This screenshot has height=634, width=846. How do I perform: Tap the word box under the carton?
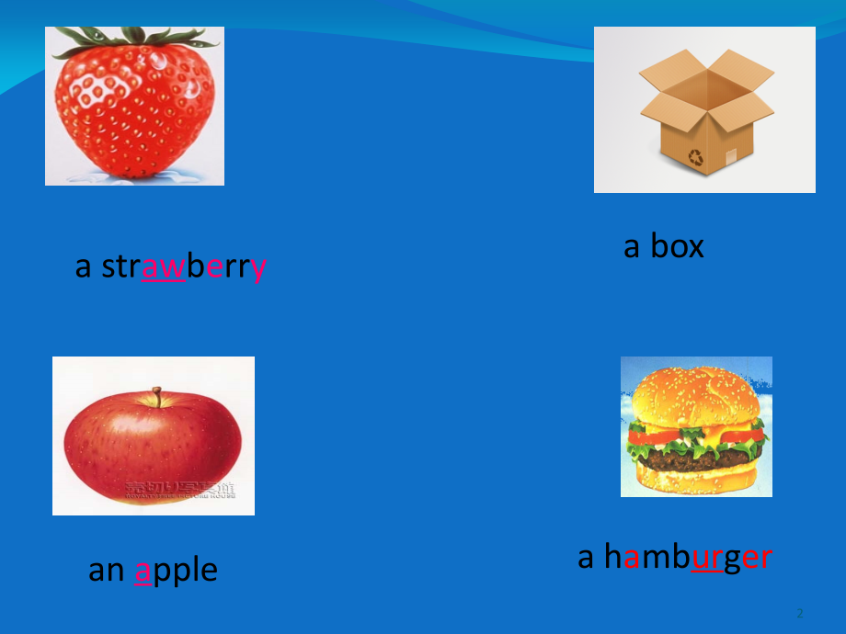coord(677,246)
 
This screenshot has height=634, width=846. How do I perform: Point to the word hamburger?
coord(688,557)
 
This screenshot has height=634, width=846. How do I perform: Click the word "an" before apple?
coord(106,571)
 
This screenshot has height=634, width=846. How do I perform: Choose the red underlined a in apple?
coord(143,571)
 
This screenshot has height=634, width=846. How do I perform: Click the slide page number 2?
coord(800,613)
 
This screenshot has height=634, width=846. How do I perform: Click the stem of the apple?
coord(157,397)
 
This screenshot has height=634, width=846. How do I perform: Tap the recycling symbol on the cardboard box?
coord(696,157)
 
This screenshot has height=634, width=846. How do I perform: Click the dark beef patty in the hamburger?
coord(696,458)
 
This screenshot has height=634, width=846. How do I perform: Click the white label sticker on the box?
coord(731,155)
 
